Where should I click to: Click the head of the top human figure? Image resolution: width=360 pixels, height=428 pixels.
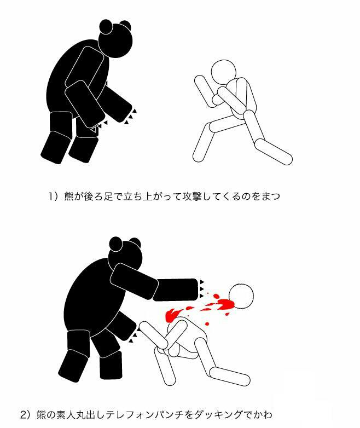pos(223,72)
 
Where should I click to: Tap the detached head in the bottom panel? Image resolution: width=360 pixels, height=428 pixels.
pos(241,296)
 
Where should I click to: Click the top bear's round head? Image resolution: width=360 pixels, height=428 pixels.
pos(115,41)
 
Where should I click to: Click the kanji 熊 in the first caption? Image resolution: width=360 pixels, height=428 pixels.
pos(69,196)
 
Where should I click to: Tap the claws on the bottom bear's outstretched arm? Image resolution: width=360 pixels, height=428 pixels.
pos(202,289)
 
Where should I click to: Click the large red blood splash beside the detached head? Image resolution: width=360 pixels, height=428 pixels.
pos(224,304)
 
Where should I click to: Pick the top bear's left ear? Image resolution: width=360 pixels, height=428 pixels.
pos(106,26)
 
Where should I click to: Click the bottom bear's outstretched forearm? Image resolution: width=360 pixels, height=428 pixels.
pos(175,290)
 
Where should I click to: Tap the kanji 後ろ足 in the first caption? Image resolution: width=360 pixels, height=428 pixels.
pos(98,196)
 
